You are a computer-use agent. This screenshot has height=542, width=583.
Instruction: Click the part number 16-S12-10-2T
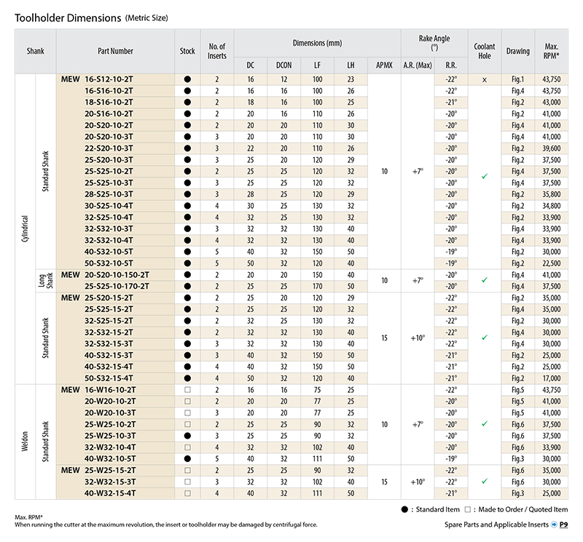pyautogui.click(x=109, y=79)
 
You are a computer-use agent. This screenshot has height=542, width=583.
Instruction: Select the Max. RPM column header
pyautogui.click(x=551, y=51)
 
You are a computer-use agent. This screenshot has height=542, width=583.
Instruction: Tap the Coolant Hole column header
pyautogui.click(x=484, y=51)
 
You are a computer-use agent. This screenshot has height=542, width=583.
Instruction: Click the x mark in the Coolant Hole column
pyautogui.click(x=484, y=79)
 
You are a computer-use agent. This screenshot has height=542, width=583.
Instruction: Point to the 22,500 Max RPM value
pyautogui.click(x=551, y=263)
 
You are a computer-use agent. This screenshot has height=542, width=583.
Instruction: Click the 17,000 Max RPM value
pyautogui.click(x=551, y=378)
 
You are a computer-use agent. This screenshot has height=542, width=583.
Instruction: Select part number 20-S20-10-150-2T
pyautogui.click(x=117, y=275)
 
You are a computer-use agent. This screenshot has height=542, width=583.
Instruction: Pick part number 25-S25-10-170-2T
pyautogui.click(x=117, y=286)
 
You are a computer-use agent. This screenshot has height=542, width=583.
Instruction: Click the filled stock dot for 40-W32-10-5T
pyautogui.click(x=187, y=458)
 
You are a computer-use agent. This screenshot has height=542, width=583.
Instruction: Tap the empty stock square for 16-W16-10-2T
pyautogui.click(x=187, y=390)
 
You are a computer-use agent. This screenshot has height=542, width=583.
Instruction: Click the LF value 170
pyautogui.click(x=317, y=286)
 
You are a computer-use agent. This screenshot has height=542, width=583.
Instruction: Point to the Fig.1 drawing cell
pyautogui.click(x=517, y=79)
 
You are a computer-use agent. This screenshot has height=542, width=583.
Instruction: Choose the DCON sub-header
pyautogui.click(x=283, y=65)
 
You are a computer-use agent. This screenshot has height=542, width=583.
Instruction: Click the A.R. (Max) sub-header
pyautogui.click(x=418, y=65)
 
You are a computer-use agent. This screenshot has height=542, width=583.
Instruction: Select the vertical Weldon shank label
pyautogui.click(x=25, y=442)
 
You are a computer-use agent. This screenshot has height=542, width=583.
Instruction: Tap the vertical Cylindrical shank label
pyautogui.click(x=25, y=228)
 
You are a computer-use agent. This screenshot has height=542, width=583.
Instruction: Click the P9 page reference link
pyautogui.click(x=563, y=525)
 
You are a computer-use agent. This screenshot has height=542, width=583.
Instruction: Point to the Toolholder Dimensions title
pyautogui.click(x=68, y=17)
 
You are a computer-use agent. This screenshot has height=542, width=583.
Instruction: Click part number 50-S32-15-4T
pyautogui.click(x=109, y=378)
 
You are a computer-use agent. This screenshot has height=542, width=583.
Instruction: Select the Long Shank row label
pyautogui.click(x=46, y=281)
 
